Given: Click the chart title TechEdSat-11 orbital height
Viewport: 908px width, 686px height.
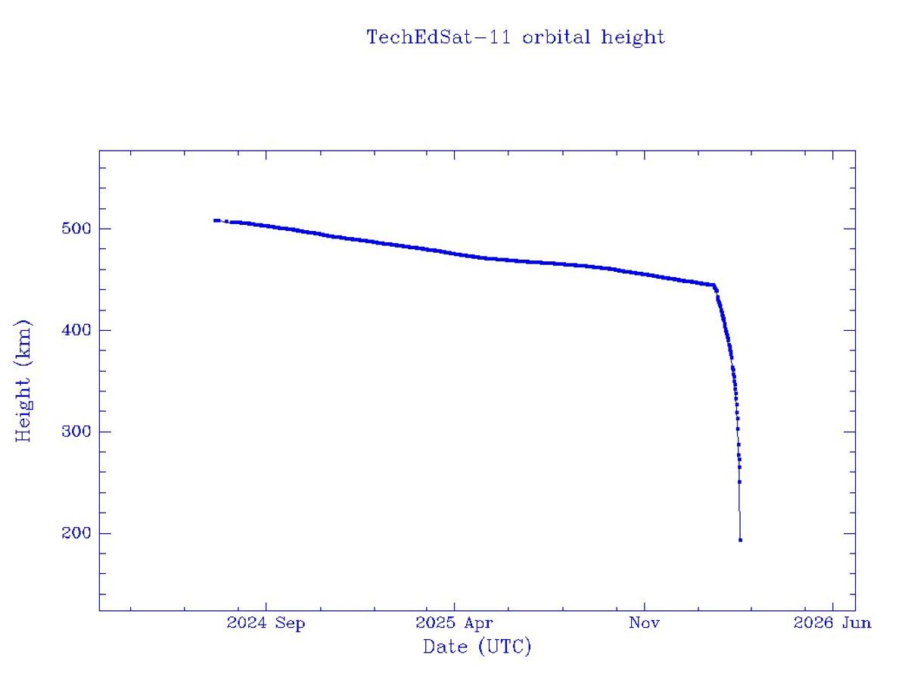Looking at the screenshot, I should click(515, 37).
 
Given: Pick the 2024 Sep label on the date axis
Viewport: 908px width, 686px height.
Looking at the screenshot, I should click(266, 623).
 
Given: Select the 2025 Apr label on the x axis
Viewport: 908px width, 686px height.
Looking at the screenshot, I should click(454, 623).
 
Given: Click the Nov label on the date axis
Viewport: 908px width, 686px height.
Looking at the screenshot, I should click(644, 623).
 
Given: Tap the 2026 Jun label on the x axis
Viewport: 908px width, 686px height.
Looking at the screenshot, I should click(832, 623).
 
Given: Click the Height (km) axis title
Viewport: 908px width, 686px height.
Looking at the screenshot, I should click(24, 381).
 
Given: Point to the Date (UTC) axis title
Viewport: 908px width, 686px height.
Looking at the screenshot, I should click(477, 647).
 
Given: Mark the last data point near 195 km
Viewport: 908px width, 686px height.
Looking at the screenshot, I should click(740, 540).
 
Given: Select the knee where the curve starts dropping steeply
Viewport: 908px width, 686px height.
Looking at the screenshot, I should click(714, 286).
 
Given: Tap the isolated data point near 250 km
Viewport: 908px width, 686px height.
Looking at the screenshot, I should click(739, 482).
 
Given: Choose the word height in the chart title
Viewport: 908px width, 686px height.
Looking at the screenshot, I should click(633, 37).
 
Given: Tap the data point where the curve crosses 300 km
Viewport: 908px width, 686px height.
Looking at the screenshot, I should click(738, 429).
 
